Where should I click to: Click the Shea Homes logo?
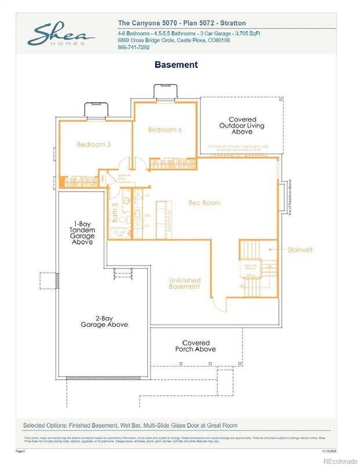pyautogui.click(x=61, y=35)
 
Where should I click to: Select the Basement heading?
pyautogui.click(x=176, y=64)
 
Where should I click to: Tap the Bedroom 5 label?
pyautogui.click(x=94, y=144)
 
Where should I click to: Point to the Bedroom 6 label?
pyautogui.click(x=165, y=130)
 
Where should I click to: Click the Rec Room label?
pyautogui.click(x=204, y=203)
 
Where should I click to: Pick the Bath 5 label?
pyautogui.click(x=115, y=212)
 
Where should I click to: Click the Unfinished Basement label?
pyautogui.click(x=185, y=283)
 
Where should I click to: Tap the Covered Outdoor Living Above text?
pyautogui.click(x=242, y=126)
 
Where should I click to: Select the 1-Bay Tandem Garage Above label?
pyautogui.click(x=82, y=234)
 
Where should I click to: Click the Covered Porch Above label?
pyautogui.click(x=196, y=346)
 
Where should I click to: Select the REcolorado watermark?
pyautogui.click(x=340, y=461)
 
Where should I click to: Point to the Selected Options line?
pyautogui.click(x=130, y=425)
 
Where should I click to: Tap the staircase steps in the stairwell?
pyautogui.click(x=250, y=250)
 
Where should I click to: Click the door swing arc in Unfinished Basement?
pyautogui.click(x=215, y=303)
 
